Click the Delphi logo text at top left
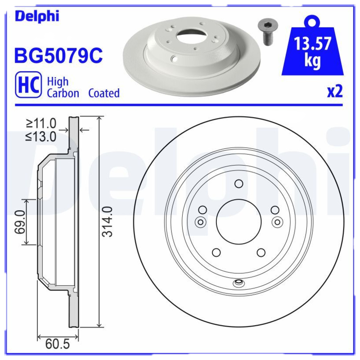click(37, 16)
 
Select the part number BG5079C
click(59, 56)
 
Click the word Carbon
click(63, 93)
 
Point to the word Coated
click(104, 93)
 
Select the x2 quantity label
click(334, 92)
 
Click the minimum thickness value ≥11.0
click(41, 123)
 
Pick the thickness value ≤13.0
click(41, 137)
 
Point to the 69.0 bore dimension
click(19, 221)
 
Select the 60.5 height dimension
click(58, 345)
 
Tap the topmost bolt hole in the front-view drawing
click(239, 183)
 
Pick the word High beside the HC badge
click(58, 81)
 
